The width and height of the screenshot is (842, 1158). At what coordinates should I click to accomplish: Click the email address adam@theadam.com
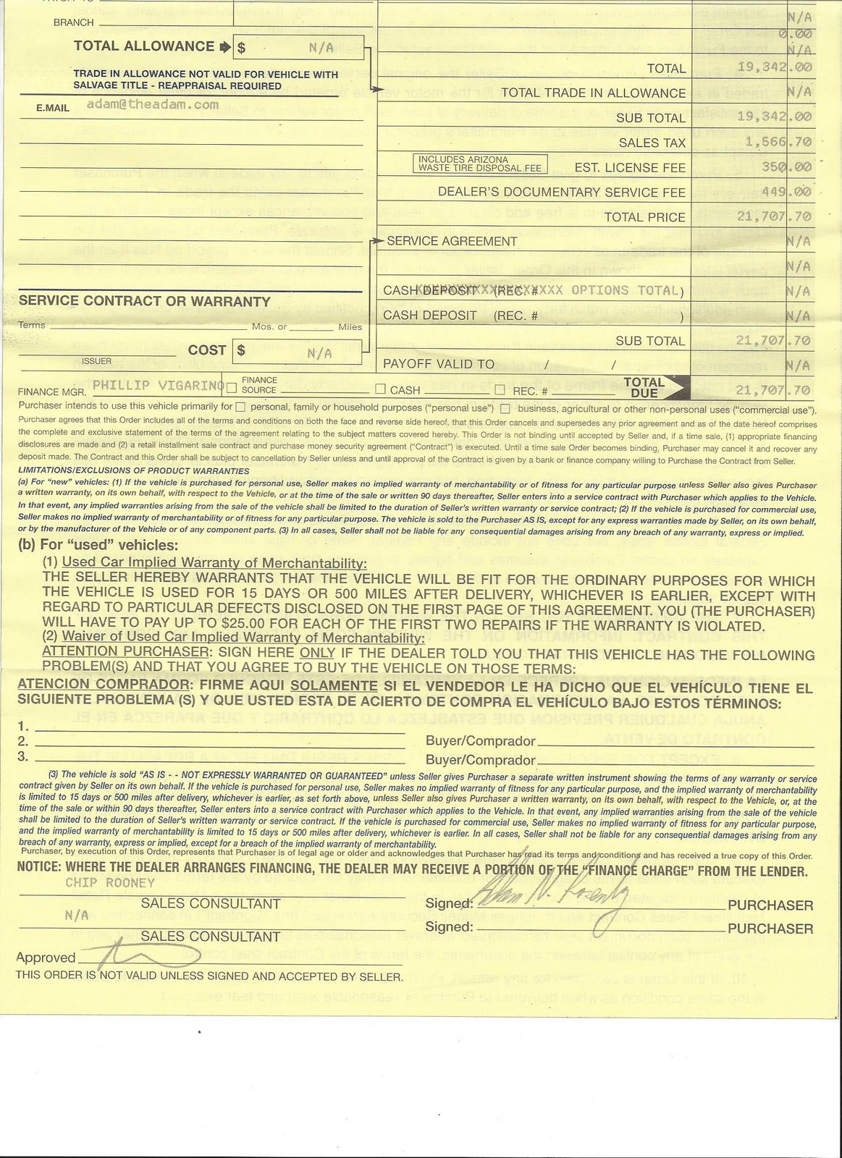[152, 105]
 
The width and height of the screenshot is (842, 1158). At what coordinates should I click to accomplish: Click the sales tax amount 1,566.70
[774, 143]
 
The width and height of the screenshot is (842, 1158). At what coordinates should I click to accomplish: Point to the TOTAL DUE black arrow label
[652, 388]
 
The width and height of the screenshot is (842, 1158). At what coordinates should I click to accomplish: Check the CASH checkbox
[380, 390]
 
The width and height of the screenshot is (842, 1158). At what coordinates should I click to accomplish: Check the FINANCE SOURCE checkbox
[232, 388]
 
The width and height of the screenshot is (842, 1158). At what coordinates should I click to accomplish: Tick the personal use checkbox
[241, 407]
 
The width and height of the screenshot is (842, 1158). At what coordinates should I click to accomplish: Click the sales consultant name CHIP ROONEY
[110, 883]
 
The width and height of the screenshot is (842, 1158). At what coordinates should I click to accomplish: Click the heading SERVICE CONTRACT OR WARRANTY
[145, 302]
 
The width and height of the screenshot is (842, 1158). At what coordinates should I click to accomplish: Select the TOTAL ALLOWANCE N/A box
[298, 48]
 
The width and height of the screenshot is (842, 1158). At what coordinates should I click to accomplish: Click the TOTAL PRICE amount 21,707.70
[774, 216]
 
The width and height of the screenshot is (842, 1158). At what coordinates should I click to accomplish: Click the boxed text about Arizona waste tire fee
[479, 164]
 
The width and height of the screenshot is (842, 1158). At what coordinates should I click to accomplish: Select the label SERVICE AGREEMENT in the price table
[452, 241]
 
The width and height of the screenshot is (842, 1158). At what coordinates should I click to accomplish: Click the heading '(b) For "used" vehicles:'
[98, 545]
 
